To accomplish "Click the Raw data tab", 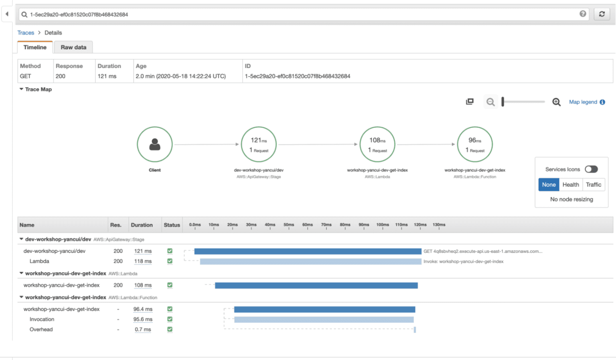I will tap(73, 47).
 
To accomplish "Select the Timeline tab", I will tap(35, 47).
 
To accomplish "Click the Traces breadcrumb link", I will tap(26, 33).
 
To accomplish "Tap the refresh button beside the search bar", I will tap(602, 14).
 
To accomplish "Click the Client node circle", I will tap(155, 144).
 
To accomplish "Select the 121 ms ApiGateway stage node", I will tap(259, 144).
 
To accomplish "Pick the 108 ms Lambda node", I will tap(377, 144).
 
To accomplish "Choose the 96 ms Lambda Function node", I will tap(475, 144).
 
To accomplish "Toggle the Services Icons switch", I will tap(591, 169).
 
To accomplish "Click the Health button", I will tap(570, 184).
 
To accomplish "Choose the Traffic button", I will tap(593, 184).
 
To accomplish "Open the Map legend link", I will tap(583, 102).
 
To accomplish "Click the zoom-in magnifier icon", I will tap(556, 102).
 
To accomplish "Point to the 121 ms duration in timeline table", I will tap(143, 251).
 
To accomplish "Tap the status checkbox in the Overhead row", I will tap(170, 329).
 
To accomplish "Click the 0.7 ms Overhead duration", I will tap(143, 330).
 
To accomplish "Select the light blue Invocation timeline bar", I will tap(324, 320).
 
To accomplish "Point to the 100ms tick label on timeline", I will tap(383, 225).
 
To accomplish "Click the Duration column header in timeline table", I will tap(142, 225).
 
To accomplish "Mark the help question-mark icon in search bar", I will tap(583, 14).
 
